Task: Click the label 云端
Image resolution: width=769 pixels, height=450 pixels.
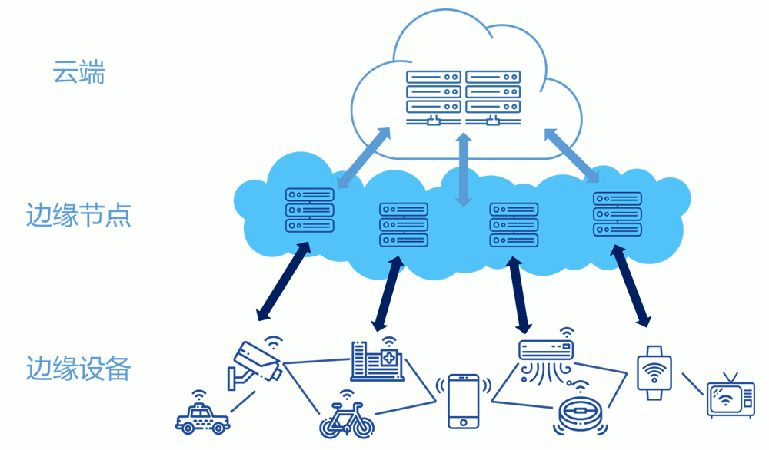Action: point(78,74)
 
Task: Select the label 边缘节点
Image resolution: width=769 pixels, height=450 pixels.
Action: point(78,215)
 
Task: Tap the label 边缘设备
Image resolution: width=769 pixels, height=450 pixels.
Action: point(78,369)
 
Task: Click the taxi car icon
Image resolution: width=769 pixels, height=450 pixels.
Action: point(202,417)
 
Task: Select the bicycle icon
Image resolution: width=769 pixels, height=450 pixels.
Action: point(347,418)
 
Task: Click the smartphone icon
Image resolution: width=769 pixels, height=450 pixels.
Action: point(464,400)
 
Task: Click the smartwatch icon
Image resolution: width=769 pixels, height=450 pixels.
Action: point(654,372)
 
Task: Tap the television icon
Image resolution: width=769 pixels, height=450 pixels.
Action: point(730,396)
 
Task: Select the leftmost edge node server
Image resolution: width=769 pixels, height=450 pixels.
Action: point(310,210)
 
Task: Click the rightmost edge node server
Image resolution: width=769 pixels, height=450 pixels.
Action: point(618,214)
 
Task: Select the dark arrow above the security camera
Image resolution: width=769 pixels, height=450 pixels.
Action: point(284,280)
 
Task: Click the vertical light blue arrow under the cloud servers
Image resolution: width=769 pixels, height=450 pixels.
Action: point(463,170)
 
